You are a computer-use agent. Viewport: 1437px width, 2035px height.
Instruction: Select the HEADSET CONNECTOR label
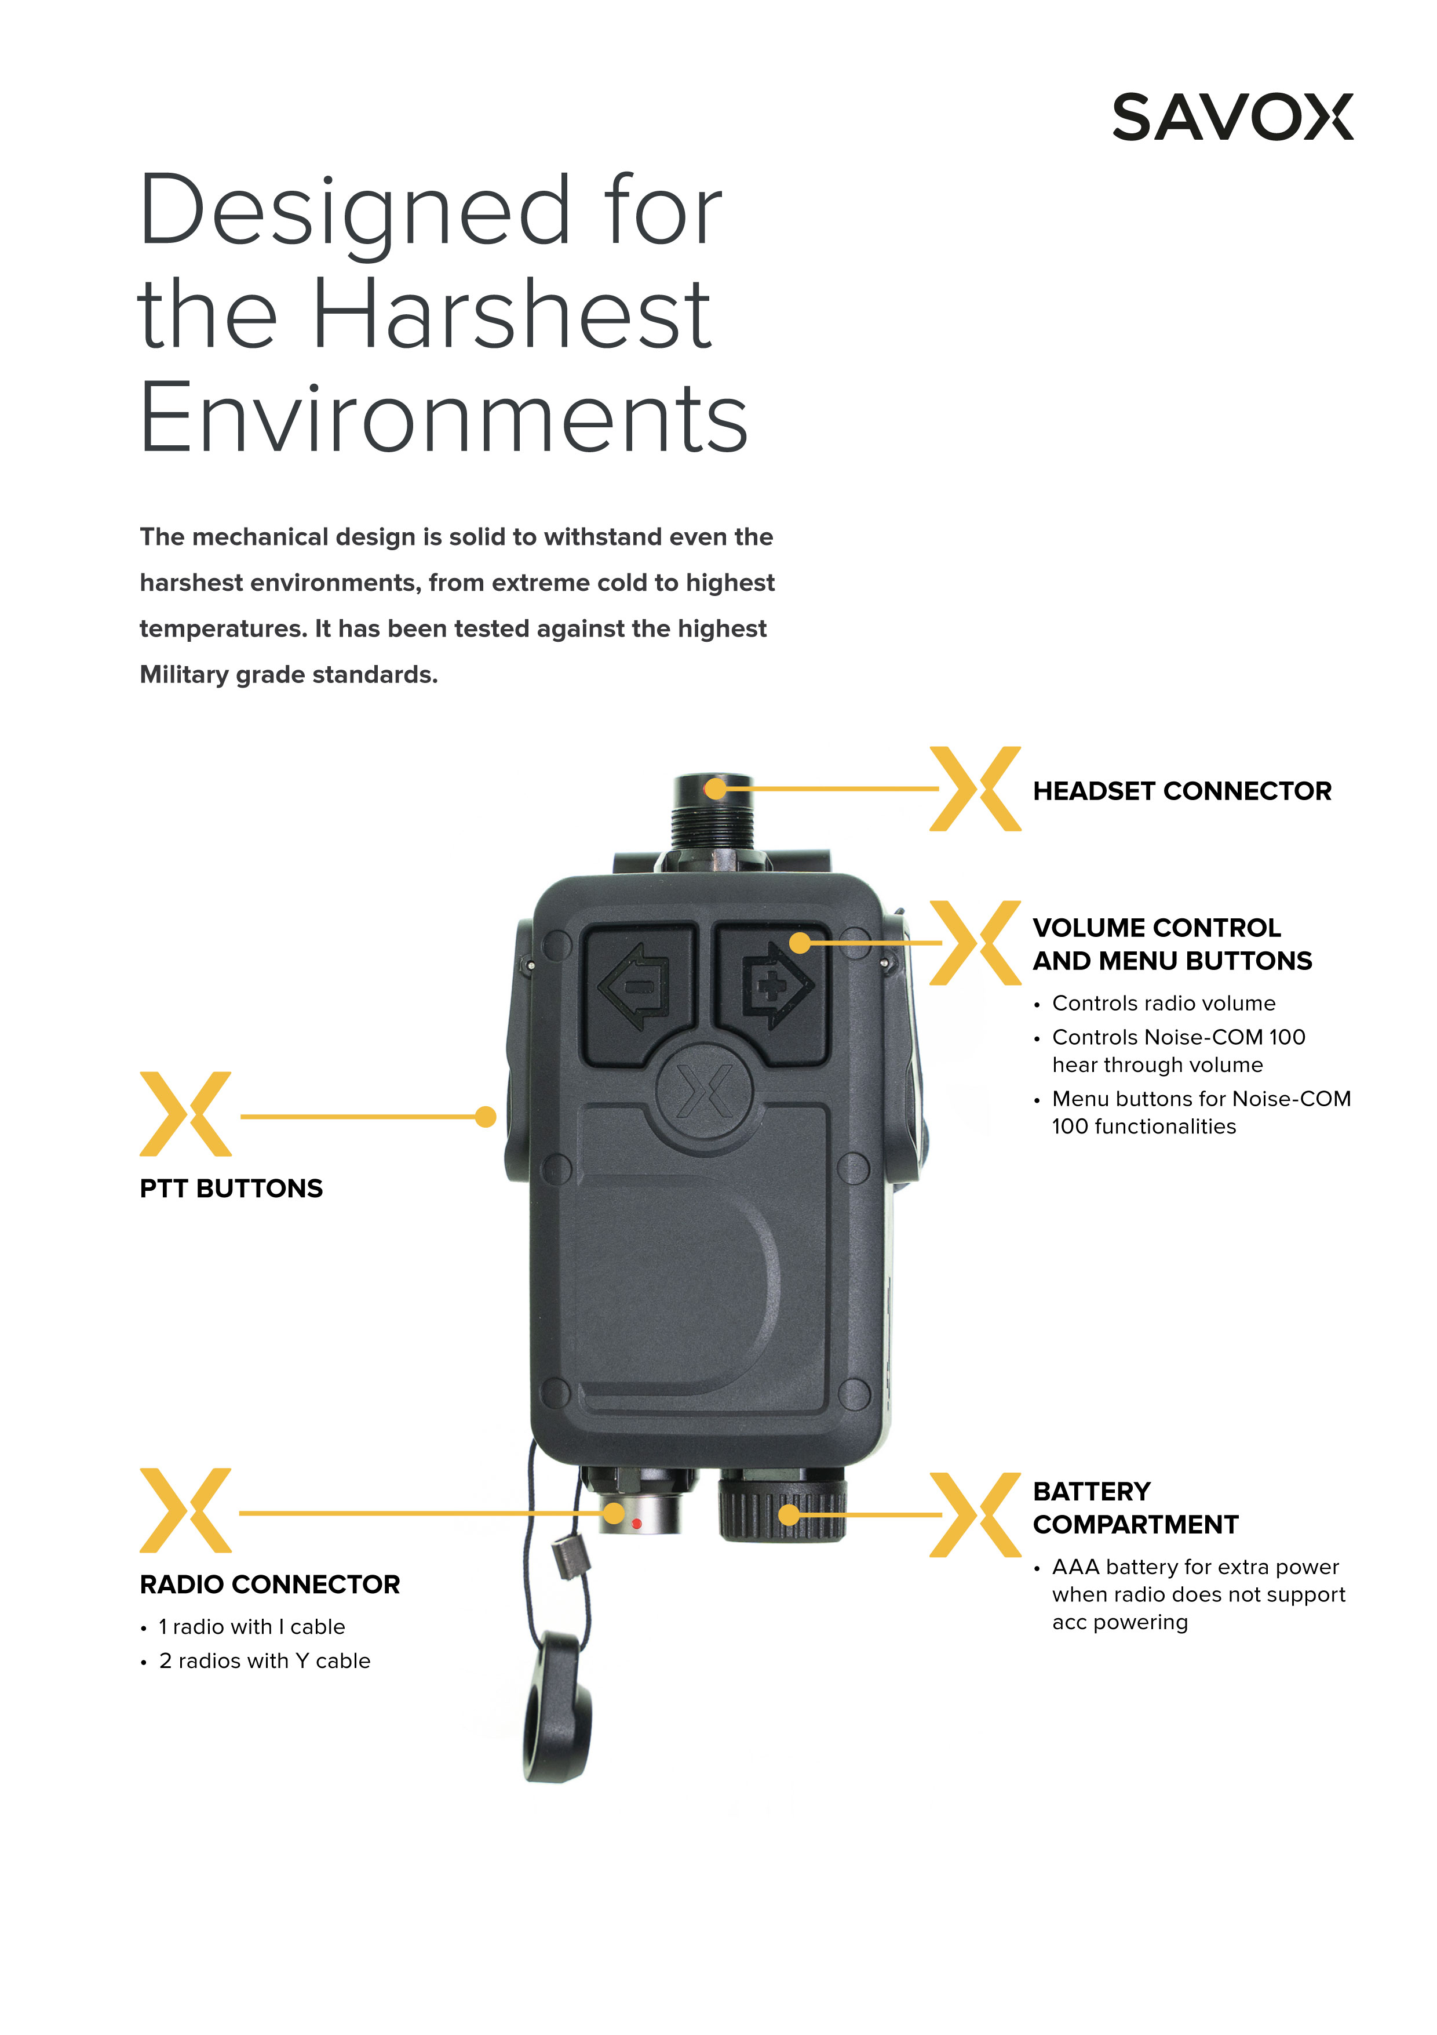[x=1182, y=791]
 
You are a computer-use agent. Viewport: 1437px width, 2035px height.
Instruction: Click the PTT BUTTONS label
[x=231, y=1189]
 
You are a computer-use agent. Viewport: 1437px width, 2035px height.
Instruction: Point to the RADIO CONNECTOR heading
[x=270, y=1584]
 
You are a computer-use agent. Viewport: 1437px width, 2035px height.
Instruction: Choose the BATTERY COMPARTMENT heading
[x=1136, y=1507]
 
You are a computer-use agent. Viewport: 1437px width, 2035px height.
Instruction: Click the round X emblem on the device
[x=705, y=1090]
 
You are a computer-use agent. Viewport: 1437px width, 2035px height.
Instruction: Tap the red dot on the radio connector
[x=636, y=1524]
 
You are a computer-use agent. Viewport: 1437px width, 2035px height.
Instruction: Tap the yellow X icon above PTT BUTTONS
[x=185, y=1114]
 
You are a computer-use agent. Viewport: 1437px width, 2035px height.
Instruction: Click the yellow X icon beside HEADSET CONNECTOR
[x=975, y=789]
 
